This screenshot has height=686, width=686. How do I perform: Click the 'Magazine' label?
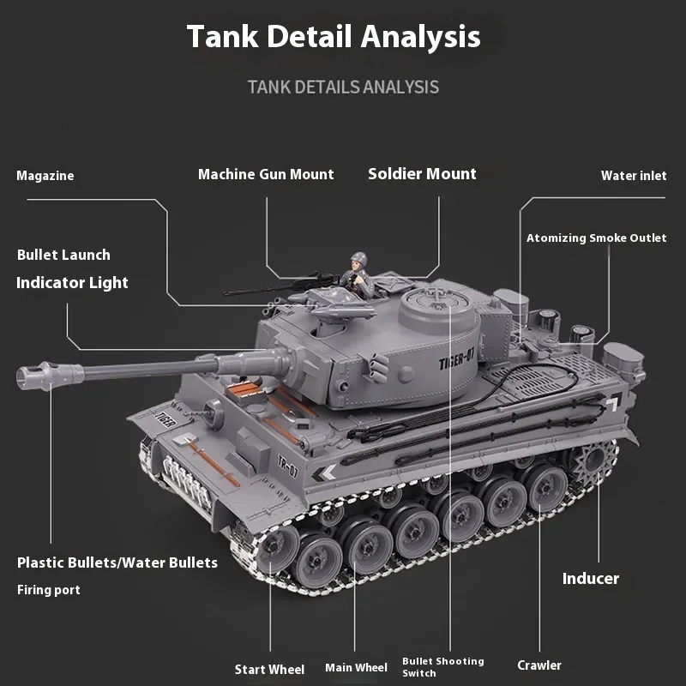pyautogui.click(x=45, y=176)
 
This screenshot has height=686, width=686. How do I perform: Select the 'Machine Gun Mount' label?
pyautogui.click(x=266, y=174)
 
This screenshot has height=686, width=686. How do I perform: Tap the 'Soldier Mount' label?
pyautogui.click(x=422, y=174)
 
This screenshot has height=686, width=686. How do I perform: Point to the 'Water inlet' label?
pyautogui.click(x=633, y=176)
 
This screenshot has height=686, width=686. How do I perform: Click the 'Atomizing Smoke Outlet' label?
pyautogui.click(x=596, y=238)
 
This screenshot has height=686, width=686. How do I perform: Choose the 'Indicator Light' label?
pyautogui.click(x=72, y=283)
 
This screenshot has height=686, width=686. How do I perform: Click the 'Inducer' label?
pyautogui.click(x=590, y=579)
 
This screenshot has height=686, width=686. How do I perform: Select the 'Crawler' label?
pyautogui.click(x=539, y=665)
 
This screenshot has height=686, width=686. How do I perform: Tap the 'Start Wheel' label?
pyautogui.click(x=269, y=670)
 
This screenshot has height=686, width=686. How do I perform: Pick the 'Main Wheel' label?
pyautogui.click(x=356, y=668)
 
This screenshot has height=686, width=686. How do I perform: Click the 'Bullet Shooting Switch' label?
pyautogui.click(x=442, y=667)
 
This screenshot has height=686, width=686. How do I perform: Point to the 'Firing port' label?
pyautogui.click(x=49, y=590)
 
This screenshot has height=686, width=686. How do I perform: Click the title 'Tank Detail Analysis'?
pyautogui.click(x=334, y=37)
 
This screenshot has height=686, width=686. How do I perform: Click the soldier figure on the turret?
pyautogui.click(x=356, y=273)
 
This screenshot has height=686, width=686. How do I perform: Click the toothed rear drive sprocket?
pyautogui.click(x=595, y=464)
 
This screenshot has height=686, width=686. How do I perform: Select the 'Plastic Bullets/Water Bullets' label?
pyautogui.click(x=117, y=563)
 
